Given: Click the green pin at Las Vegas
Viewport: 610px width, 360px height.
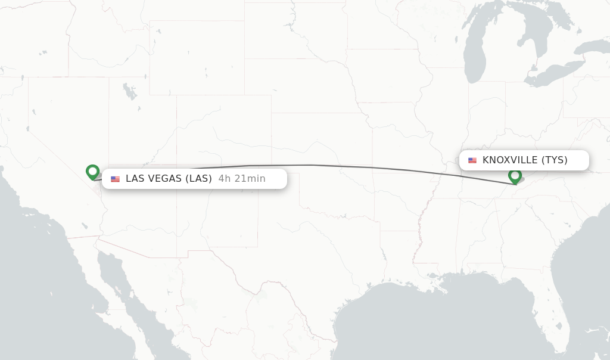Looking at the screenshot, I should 92,172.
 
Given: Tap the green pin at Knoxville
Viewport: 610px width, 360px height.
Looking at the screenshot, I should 515,176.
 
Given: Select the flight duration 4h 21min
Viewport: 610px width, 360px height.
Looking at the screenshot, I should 242,179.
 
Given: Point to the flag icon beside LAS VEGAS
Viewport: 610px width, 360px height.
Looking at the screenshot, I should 115,179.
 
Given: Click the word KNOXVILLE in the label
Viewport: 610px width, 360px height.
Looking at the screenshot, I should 510,160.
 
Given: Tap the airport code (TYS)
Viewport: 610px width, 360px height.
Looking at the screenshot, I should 554,160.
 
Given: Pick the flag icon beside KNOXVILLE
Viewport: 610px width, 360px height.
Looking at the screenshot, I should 472,160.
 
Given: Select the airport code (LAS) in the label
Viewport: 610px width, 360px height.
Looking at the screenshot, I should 198,179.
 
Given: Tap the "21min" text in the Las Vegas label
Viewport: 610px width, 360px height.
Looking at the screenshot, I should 253,179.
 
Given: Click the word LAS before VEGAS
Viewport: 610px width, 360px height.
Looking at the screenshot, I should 135,179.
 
